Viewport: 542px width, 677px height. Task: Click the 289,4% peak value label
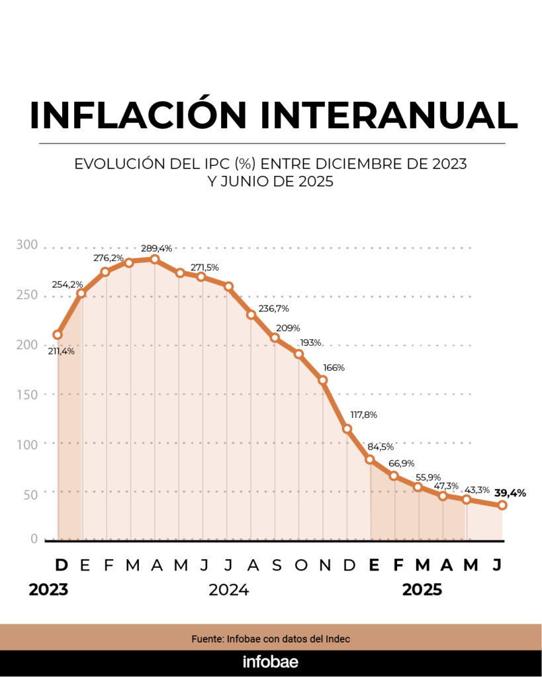[157, 249]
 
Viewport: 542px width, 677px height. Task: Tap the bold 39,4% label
[510, 493]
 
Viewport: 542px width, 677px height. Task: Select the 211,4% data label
[61, 351]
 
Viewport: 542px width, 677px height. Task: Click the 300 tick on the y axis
[27, 245]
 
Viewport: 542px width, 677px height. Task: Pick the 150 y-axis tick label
[27, 394]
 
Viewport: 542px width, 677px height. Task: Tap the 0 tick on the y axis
[34, 539]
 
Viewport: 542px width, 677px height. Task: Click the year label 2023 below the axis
[48, 590]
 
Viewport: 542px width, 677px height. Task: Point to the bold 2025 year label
[422, 590]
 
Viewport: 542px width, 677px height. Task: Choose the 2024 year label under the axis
[228, 590]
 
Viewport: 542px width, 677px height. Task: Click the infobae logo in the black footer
[271, 662]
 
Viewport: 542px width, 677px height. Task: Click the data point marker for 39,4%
[502, 505]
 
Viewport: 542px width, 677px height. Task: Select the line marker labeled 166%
[323, 380]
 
